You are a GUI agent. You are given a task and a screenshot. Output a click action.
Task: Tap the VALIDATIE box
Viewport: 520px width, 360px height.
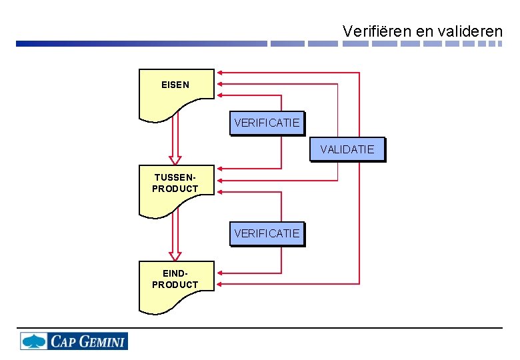click(347, 149)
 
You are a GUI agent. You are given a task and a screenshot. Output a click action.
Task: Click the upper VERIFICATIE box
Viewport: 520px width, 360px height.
click(267, 123)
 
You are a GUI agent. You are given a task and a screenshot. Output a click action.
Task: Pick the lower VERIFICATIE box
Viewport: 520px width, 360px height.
click(267, 234)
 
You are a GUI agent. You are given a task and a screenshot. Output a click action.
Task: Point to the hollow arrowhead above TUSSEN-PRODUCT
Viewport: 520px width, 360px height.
click(175, 160)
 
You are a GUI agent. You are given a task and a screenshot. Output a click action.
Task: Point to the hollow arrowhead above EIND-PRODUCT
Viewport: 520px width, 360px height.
click(175, 255)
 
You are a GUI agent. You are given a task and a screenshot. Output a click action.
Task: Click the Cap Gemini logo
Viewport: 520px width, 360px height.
click(73, 341)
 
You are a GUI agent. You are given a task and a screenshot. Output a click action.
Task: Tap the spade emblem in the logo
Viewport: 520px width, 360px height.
click(33, 341)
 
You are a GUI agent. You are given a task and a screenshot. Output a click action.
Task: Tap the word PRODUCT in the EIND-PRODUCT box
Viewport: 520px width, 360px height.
click(175, 285)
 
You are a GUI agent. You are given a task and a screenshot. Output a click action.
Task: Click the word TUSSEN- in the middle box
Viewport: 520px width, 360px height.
click(175, 178)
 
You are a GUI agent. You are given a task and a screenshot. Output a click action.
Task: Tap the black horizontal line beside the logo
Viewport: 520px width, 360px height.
click(313, 328)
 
